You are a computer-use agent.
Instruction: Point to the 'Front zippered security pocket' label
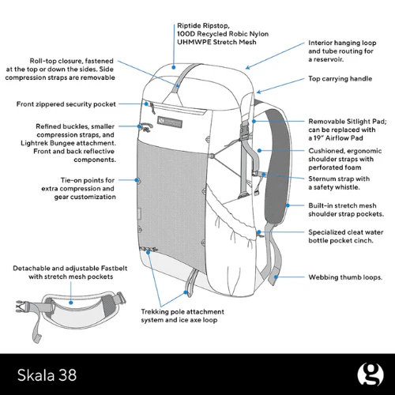[x=66, y=104]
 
